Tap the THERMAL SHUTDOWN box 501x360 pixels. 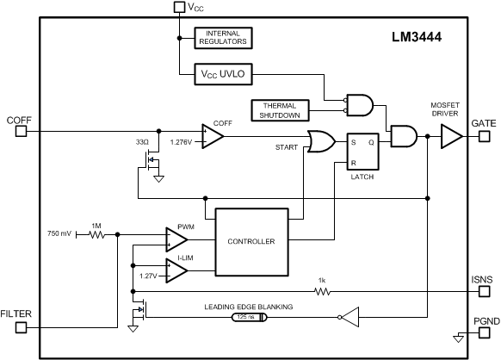pyautogui.click(x=280, y=110)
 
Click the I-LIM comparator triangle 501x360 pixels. pyautogui.click(x=176, y=270)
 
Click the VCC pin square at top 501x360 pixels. pyautogui.click(x=179, y=7)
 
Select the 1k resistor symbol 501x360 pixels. pyautogui.click(x=322, y=291)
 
